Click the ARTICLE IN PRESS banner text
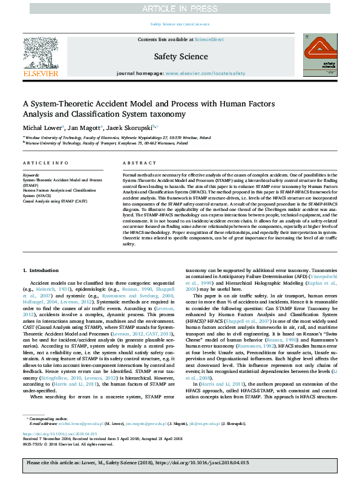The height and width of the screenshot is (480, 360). (180, 8)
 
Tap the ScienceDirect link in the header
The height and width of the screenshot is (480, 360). (209, 39)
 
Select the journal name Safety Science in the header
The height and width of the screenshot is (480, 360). (180, 56)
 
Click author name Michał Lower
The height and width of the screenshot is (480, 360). (39, 128)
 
